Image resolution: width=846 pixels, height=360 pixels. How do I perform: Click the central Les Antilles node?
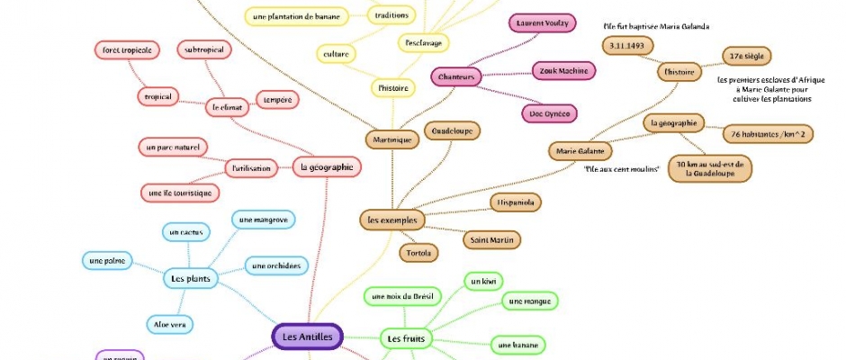307,337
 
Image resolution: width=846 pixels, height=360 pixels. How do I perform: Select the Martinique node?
392,139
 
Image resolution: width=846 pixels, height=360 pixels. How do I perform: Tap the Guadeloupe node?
451,130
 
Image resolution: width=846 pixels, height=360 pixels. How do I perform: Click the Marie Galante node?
580,151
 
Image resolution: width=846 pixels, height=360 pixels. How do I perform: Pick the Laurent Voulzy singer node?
541,23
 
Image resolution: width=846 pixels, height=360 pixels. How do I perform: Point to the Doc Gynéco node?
549,112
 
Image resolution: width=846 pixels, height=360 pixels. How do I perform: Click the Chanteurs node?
456,77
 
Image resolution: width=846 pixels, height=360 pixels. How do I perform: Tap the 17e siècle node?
746,56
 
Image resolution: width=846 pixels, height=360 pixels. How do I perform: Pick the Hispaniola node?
516,202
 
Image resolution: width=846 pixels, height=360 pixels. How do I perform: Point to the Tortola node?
418,254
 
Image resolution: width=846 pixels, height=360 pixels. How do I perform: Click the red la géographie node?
327,166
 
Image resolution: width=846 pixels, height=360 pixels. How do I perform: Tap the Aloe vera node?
170,323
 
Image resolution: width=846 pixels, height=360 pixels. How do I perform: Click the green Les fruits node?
405,338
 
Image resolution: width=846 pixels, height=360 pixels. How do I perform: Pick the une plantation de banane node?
295,16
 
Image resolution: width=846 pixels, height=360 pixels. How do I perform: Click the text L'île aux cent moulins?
622,169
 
